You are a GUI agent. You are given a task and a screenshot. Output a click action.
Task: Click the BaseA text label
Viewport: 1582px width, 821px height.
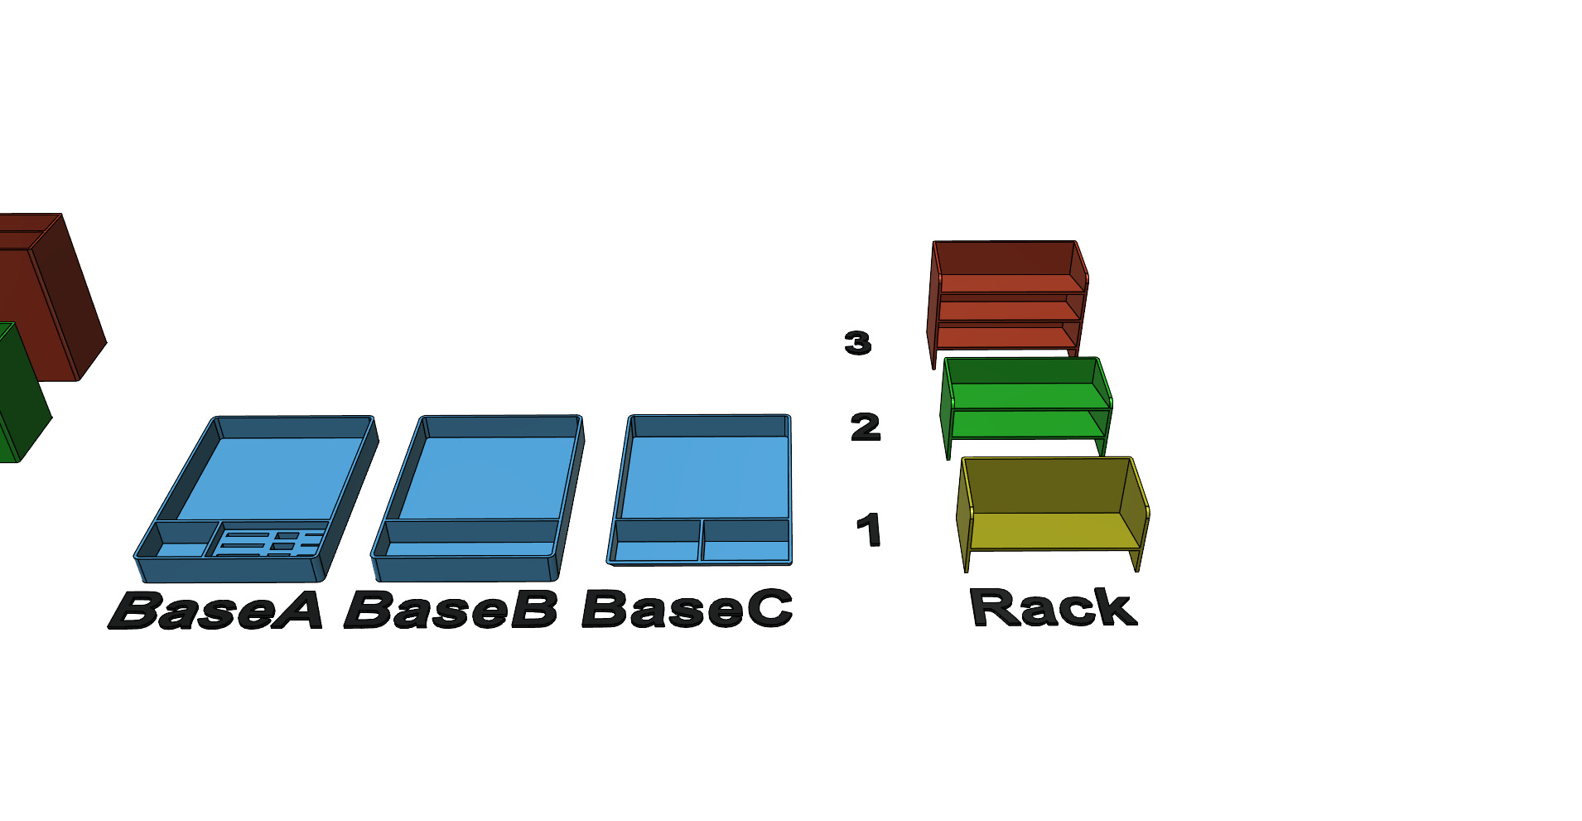click(x=215, y=611)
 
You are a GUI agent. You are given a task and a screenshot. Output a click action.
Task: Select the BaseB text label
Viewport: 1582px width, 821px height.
click(x=451, y=611)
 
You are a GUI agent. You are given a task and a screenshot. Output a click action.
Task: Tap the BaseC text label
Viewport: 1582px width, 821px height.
click(x=687, y=609)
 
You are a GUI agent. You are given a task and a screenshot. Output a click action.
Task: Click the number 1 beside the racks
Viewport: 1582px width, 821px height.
click(x=868, y=530)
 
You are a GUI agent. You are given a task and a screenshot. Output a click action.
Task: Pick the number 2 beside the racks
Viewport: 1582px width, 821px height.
click(x=866, y=427)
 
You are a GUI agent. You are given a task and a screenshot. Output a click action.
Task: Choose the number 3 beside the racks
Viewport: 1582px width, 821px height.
click(x=857, y=343)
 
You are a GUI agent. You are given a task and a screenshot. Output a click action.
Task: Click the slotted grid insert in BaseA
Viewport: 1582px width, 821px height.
click(x=269, y=543)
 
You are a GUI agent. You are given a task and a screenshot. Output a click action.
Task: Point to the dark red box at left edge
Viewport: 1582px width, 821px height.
click(x=41, y=290)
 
